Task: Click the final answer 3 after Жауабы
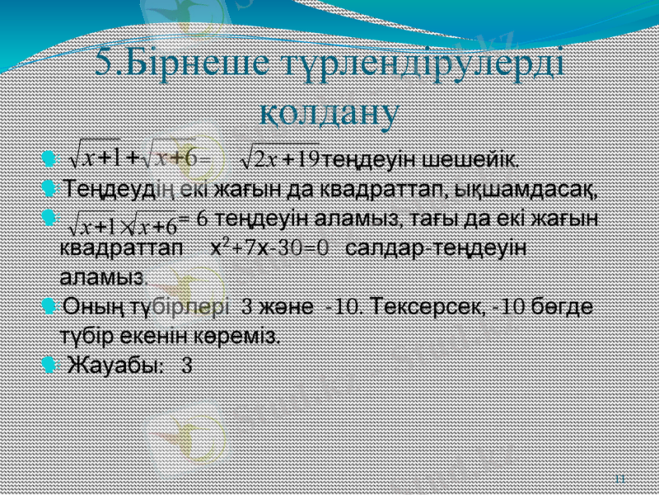click(186, 364)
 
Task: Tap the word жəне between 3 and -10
click(288, 308)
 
